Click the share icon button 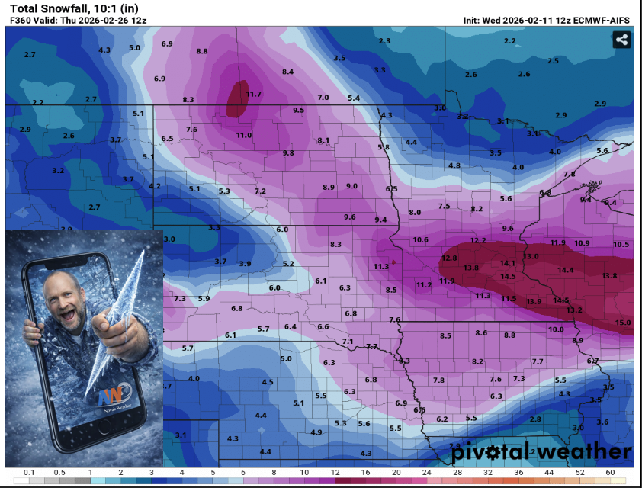[621, 40]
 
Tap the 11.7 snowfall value [254, 95]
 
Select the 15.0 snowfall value [623, 323]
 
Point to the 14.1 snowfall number [508, 264]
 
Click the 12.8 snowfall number [449, 258]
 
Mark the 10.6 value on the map [420, 240]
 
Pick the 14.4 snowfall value [565, 271]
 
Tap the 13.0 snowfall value [531, 257]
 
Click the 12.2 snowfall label [478, 241]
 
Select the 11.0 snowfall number [243, 136]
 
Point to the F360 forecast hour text [21, 20]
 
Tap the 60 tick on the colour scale [609, 474]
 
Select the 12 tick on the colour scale [335, 474]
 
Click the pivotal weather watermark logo [541, 452]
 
